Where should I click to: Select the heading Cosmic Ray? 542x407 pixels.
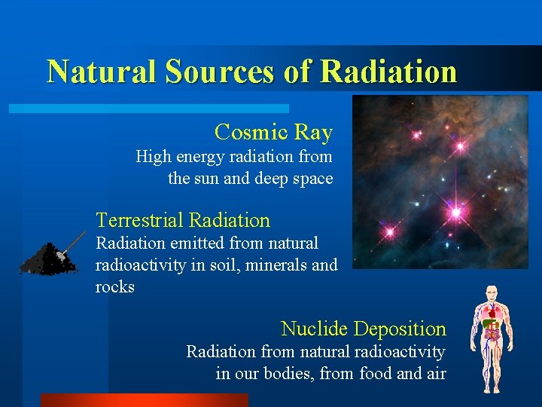[x=273, y=133]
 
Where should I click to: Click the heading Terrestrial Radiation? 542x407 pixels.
[x=183, y=221]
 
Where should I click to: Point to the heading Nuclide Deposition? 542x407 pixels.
[x=364, y=329]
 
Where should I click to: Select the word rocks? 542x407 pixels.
[x=115, y=287]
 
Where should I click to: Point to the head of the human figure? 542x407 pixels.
[x=492, y=292]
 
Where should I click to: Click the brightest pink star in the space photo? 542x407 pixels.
[x=455, y=213]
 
